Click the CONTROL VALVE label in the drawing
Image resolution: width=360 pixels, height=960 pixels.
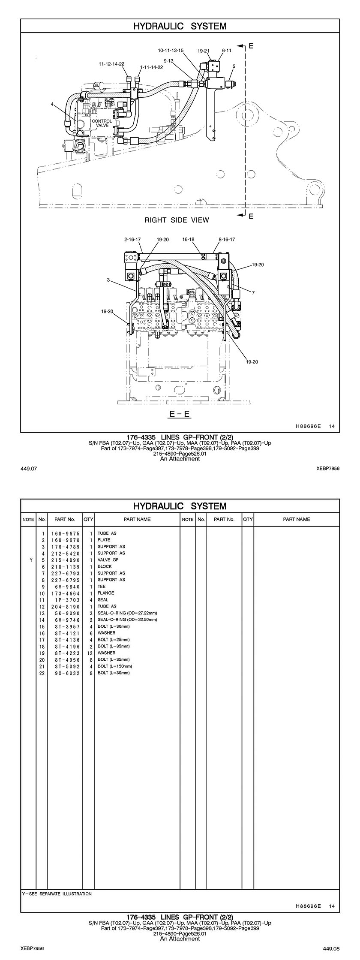[x=102, y=123]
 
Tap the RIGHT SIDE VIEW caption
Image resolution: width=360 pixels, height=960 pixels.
[x=177, y=220]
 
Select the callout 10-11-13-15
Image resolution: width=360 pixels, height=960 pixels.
[x=171, y=51]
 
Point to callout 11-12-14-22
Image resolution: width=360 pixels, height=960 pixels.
[x=111, y=64]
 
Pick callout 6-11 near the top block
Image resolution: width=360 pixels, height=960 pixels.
[x=227, y=51]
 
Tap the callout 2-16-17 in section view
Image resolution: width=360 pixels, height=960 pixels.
[x=133, y=239]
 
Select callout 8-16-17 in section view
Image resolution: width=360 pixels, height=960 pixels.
[x=227, y=239]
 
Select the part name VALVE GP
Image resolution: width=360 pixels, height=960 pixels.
[x=108, y=560]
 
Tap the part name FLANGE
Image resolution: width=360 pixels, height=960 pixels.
[x=106, y=593]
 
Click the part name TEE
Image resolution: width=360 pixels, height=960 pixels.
[x=102, y=586]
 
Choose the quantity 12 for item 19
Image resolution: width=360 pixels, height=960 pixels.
[x=90, y=653]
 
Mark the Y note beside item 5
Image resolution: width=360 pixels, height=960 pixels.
[x=31, y=560]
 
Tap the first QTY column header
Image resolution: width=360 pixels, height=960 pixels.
[x=88, y=519]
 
